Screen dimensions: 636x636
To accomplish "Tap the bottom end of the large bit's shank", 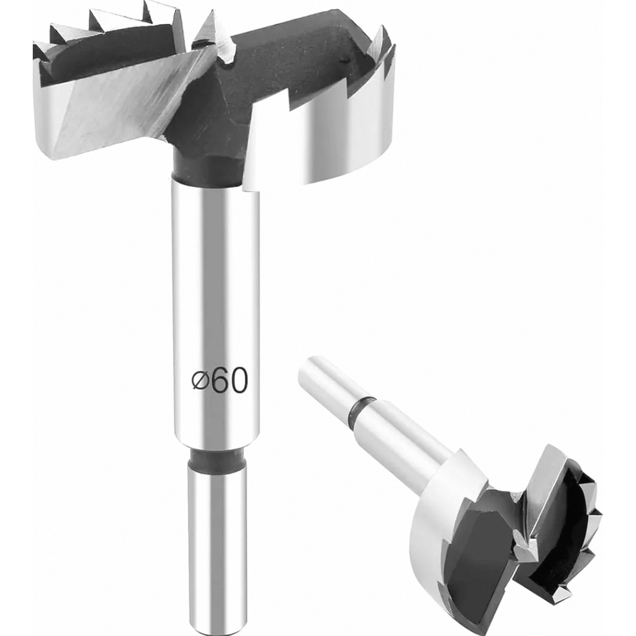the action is coord(217,621).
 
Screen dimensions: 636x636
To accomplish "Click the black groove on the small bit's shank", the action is coord(361,410).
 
